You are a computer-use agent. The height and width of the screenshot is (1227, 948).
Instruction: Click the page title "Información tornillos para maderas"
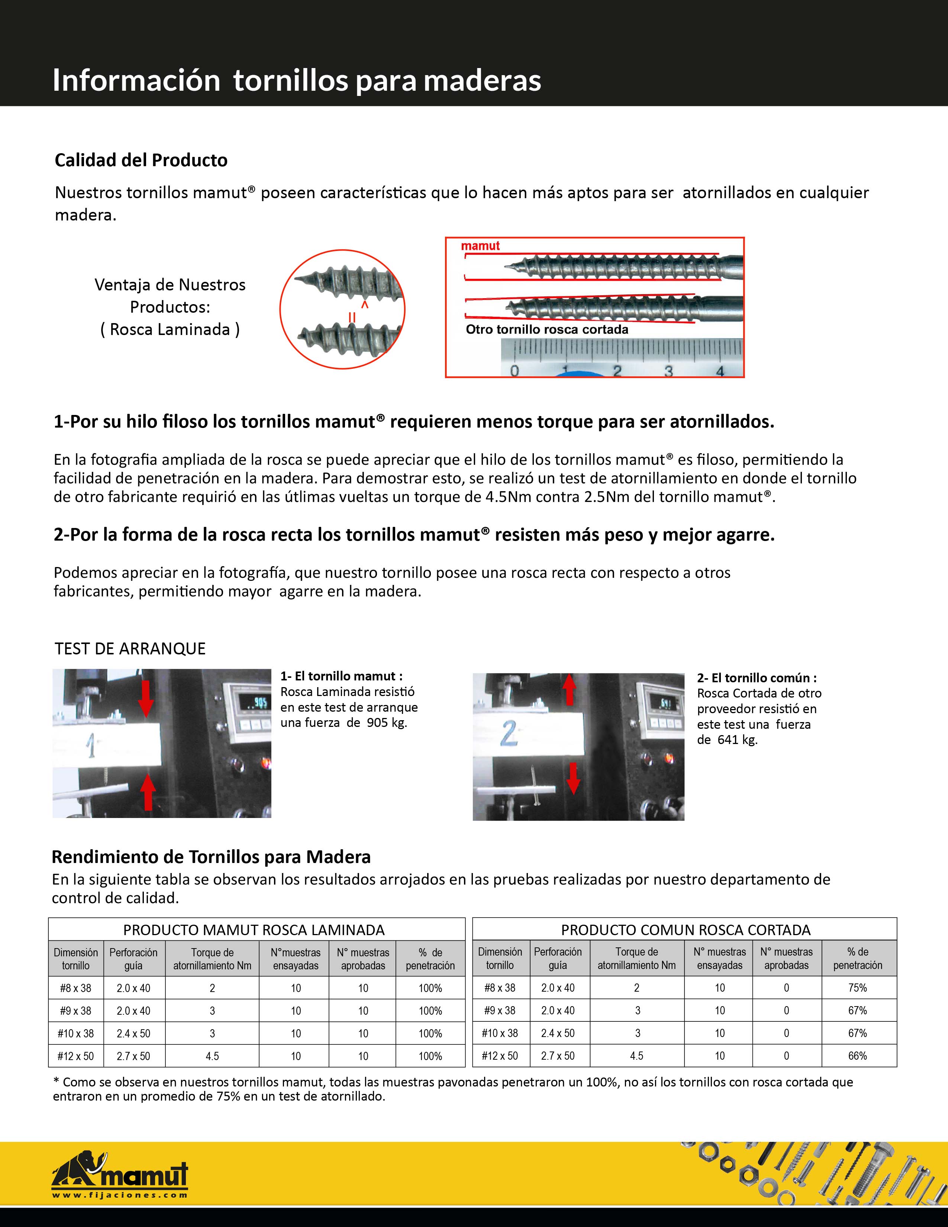[297, 80]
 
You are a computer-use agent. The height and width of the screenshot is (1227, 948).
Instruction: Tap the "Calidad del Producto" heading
[141, 160]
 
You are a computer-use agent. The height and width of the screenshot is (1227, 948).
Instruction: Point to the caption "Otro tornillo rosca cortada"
[547, 330]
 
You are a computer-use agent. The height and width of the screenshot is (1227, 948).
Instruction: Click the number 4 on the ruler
[720, 371]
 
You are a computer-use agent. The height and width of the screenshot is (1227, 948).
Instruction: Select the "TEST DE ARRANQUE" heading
[130, 649]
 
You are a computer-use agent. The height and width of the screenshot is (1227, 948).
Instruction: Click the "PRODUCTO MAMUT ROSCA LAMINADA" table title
[254, 930]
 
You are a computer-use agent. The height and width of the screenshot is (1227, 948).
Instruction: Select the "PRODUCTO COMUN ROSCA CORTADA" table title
[686, 930]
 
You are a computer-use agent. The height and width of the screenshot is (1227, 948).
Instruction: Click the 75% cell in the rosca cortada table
[858, 988]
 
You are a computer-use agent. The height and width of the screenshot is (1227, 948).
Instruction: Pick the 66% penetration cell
[858, 1056]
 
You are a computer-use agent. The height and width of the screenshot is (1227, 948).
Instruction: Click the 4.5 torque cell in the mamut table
[212, 1056]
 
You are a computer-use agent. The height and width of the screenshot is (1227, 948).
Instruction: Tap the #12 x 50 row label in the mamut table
[75, 1056]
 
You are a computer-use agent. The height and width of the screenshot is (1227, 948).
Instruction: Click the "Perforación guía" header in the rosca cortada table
[558, 959]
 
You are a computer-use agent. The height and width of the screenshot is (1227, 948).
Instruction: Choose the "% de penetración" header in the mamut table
[430, 959]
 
